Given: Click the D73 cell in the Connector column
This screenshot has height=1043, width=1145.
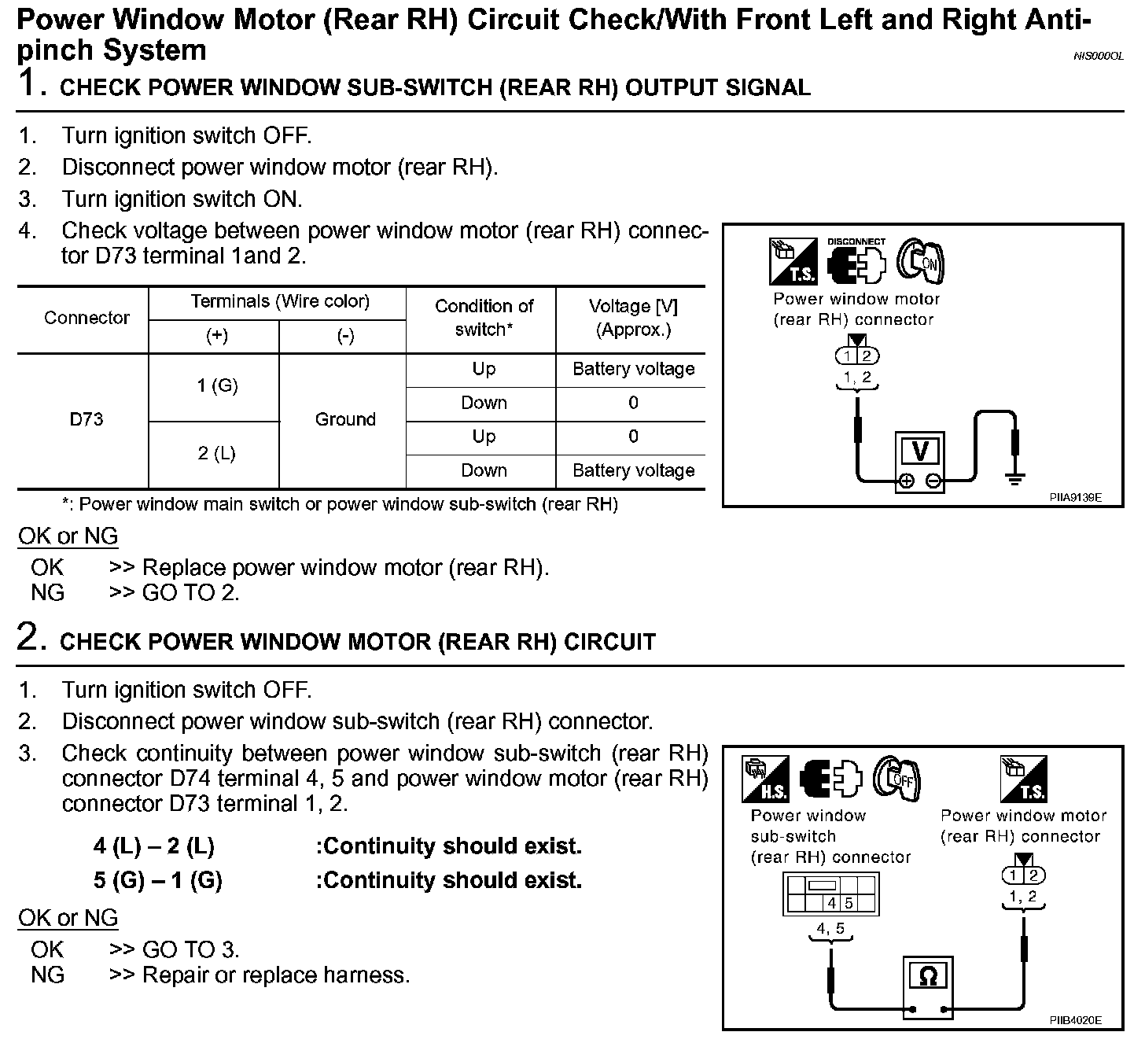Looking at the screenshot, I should [x=87, y=419].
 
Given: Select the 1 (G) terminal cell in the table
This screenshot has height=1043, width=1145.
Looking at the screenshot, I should [x=217, y=385].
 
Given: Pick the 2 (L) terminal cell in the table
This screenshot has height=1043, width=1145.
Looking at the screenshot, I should [x=217, y=453].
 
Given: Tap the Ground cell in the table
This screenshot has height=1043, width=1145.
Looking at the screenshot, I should [x=345, y=419].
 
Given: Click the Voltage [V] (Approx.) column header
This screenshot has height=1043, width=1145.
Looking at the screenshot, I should [x=633, y=318].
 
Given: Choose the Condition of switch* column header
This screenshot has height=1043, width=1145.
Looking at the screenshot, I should [x=484, y=318].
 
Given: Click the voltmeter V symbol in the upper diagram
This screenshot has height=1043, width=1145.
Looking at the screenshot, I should [x=919, y=452].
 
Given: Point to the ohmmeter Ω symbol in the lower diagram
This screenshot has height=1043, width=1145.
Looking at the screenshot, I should [x=928, y=977].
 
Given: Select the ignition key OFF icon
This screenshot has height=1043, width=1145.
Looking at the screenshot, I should [x=896, y=779].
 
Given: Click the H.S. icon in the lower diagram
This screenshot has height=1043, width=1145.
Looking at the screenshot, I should [x=764, y=779].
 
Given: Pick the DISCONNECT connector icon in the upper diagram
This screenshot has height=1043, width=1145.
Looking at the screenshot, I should [x=856, y=262].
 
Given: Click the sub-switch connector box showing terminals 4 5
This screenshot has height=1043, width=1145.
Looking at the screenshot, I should [x=830, y=894].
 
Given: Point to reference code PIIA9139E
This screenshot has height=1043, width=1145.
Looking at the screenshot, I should [x=1075, y=497].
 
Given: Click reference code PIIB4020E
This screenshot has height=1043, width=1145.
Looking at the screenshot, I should [x=1075, y=1020].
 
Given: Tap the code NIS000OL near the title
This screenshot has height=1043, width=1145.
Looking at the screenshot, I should [x=1098, y=57].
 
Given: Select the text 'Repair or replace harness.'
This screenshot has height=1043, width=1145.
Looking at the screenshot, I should [x=276, y=975].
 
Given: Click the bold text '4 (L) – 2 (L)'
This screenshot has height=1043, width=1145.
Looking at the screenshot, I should [x=154, y=846].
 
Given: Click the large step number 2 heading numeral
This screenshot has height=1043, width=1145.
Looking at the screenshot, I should [x=29, y=638].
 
